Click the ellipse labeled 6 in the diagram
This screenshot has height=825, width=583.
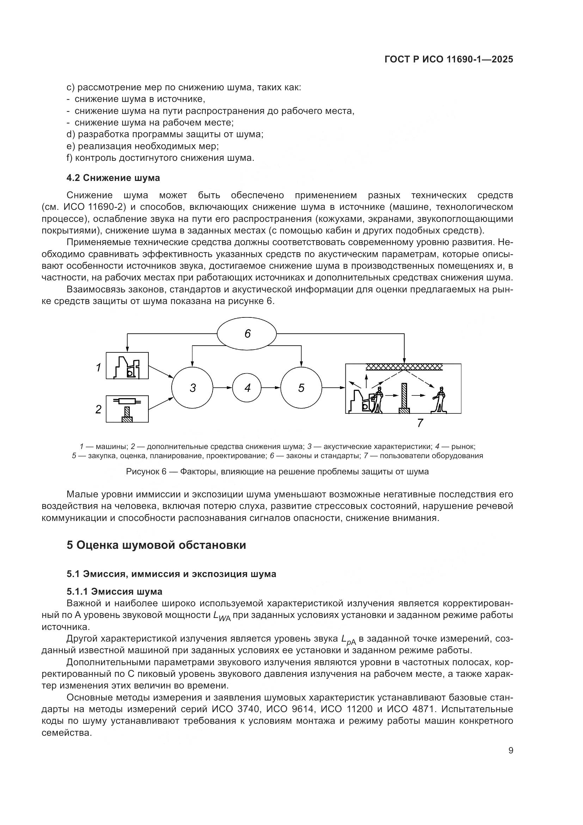coord(247,334)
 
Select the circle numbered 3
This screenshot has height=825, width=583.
coord(192,388)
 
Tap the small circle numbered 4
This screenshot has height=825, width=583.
coord(247,388)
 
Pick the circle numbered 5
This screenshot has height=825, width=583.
coord(301,388)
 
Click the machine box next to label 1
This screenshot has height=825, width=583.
coord(127,365)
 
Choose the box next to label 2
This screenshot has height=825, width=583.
coord(127,409)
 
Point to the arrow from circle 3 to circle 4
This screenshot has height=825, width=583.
coord(222,388)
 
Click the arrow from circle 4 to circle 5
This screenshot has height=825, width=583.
coord(271,388)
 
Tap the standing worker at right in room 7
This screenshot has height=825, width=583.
coord(439,399)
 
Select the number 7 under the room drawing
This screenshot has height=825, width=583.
coord(420,423)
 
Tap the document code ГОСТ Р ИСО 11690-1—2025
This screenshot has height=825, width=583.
coord(449,60)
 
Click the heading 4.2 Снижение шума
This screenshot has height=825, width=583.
coord(113,178)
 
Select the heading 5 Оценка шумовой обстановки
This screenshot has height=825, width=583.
coord(157,545)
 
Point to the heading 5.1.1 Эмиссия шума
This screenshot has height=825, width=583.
coord(115,592)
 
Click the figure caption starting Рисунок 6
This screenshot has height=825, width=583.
coord(277,472)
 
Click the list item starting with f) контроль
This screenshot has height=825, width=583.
coord(160,158)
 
